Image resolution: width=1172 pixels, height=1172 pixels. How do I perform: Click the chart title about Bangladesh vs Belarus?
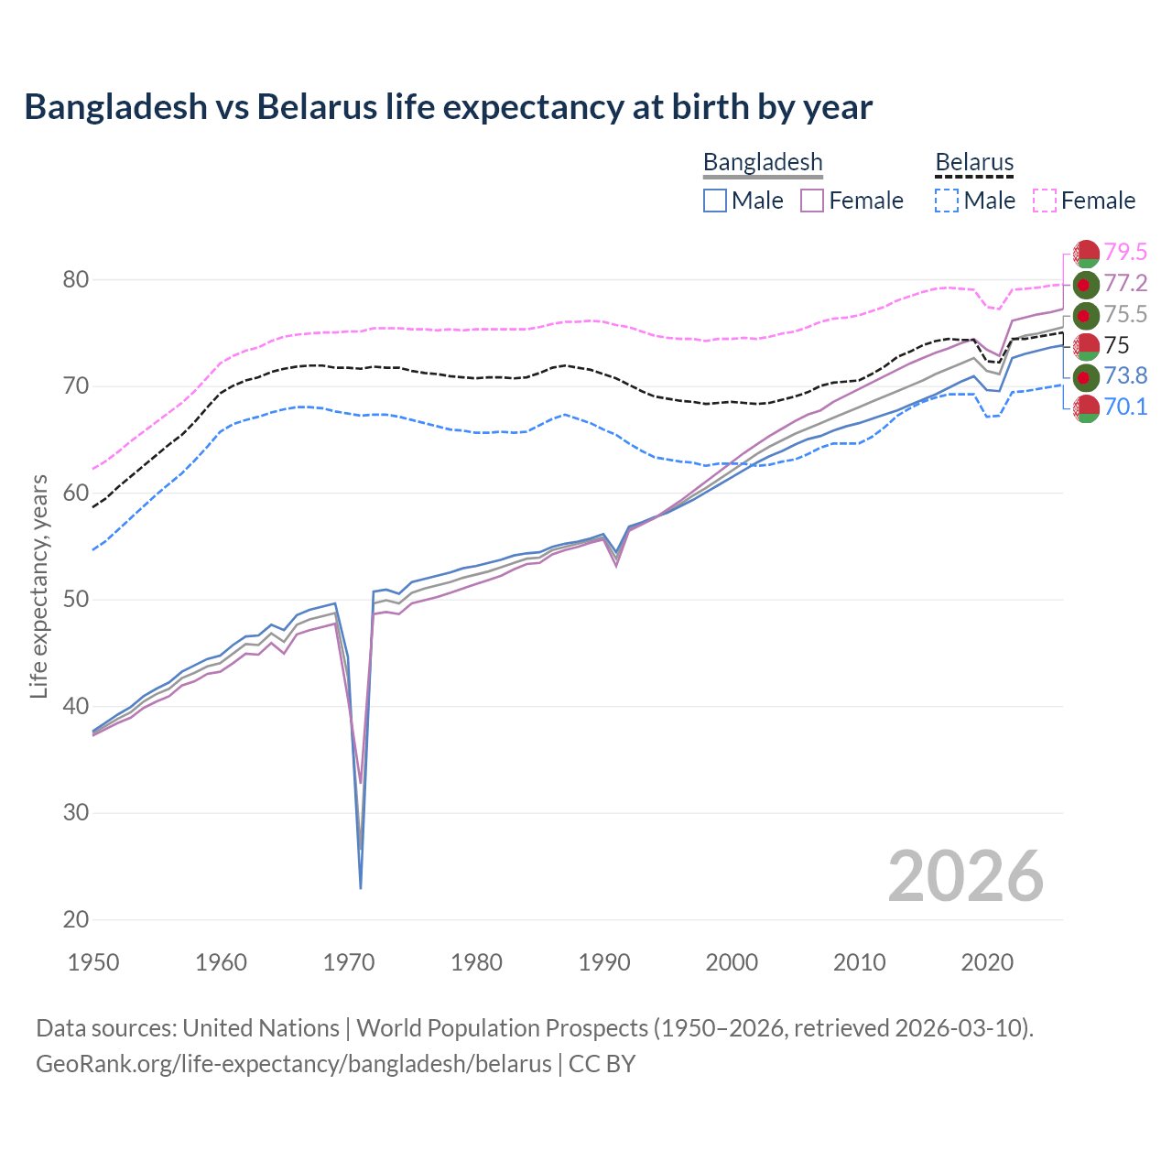click(448, 107)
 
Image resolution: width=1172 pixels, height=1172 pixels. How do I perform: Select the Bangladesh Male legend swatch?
click(715, 201)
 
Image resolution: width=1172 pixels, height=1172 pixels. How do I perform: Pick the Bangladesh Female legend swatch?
click(812, 201)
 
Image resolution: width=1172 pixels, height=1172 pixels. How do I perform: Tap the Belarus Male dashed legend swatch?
click(947, 201)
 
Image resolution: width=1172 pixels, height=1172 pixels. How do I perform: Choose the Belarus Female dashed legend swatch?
click(1045, 201)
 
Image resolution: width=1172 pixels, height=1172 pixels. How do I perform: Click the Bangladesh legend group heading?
click(763, 163)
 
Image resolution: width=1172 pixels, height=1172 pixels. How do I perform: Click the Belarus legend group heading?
click(974, 163)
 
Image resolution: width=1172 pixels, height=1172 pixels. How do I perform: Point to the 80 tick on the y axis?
click(75, 279)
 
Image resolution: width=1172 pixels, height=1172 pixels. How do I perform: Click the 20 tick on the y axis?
click(75, 919)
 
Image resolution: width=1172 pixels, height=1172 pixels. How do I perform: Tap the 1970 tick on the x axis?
click(349, 962)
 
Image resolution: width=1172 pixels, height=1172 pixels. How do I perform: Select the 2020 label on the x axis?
click(987, 962)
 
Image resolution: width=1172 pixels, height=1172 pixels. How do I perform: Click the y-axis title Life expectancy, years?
click(38, 586)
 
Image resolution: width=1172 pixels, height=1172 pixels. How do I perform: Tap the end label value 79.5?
click(1125, 252)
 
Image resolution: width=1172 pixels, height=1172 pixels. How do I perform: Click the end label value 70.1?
click(1125, 407)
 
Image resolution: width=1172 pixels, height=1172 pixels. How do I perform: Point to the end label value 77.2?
click(1125, 283)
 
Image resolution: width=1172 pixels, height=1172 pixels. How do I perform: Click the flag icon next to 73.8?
click(1086, 376)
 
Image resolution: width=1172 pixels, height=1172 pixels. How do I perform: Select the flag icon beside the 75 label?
click(1086, 345)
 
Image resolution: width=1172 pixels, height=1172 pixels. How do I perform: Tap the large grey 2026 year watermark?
click(965, 876)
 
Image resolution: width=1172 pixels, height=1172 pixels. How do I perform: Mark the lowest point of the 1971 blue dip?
click(361, 888)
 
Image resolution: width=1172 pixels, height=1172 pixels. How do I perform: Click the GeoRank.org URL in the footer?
click(293, 1064)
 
